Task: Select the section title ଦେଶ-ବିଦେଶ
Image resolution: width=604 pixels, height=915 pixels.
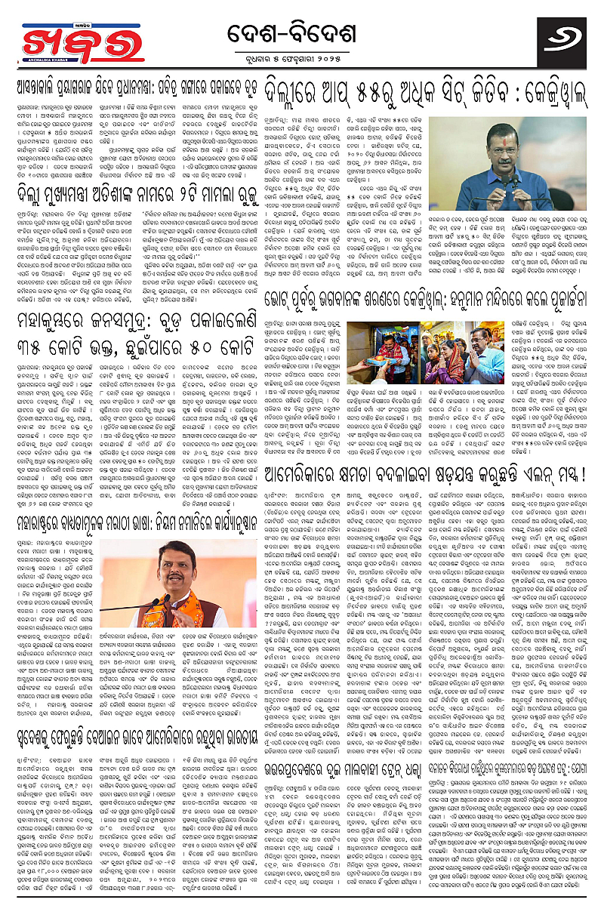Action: [302, 33]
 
